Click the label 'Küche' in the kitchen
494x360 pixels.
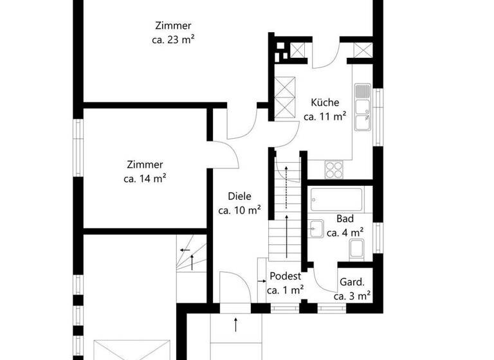tap(325, 102)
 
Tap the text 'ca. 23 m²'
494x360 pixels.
tap(169, 39)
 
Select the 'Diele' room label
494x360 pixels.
tap(239, 197)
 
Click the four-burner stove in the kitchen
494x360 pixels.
tap(334, 169)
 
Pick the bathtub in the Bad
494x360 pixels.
tap(337, 199)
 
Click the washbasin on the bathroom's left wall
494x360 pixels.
tap(316, 228)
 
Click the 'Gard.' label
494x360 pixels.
tap(352, 282)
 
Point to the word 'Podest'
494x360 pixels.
tap(285, 276)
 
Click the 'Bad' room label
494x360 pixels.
tap(345, 219)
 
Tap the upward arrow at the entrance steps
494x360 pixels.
tap(236, 324)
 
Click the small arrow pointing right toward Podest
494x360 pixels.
tap(261, 281)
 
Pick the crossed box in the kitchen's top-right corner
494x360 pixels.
tap(363, 51)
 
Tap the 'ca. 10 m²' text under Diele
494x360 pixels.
tap(239, 210)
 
